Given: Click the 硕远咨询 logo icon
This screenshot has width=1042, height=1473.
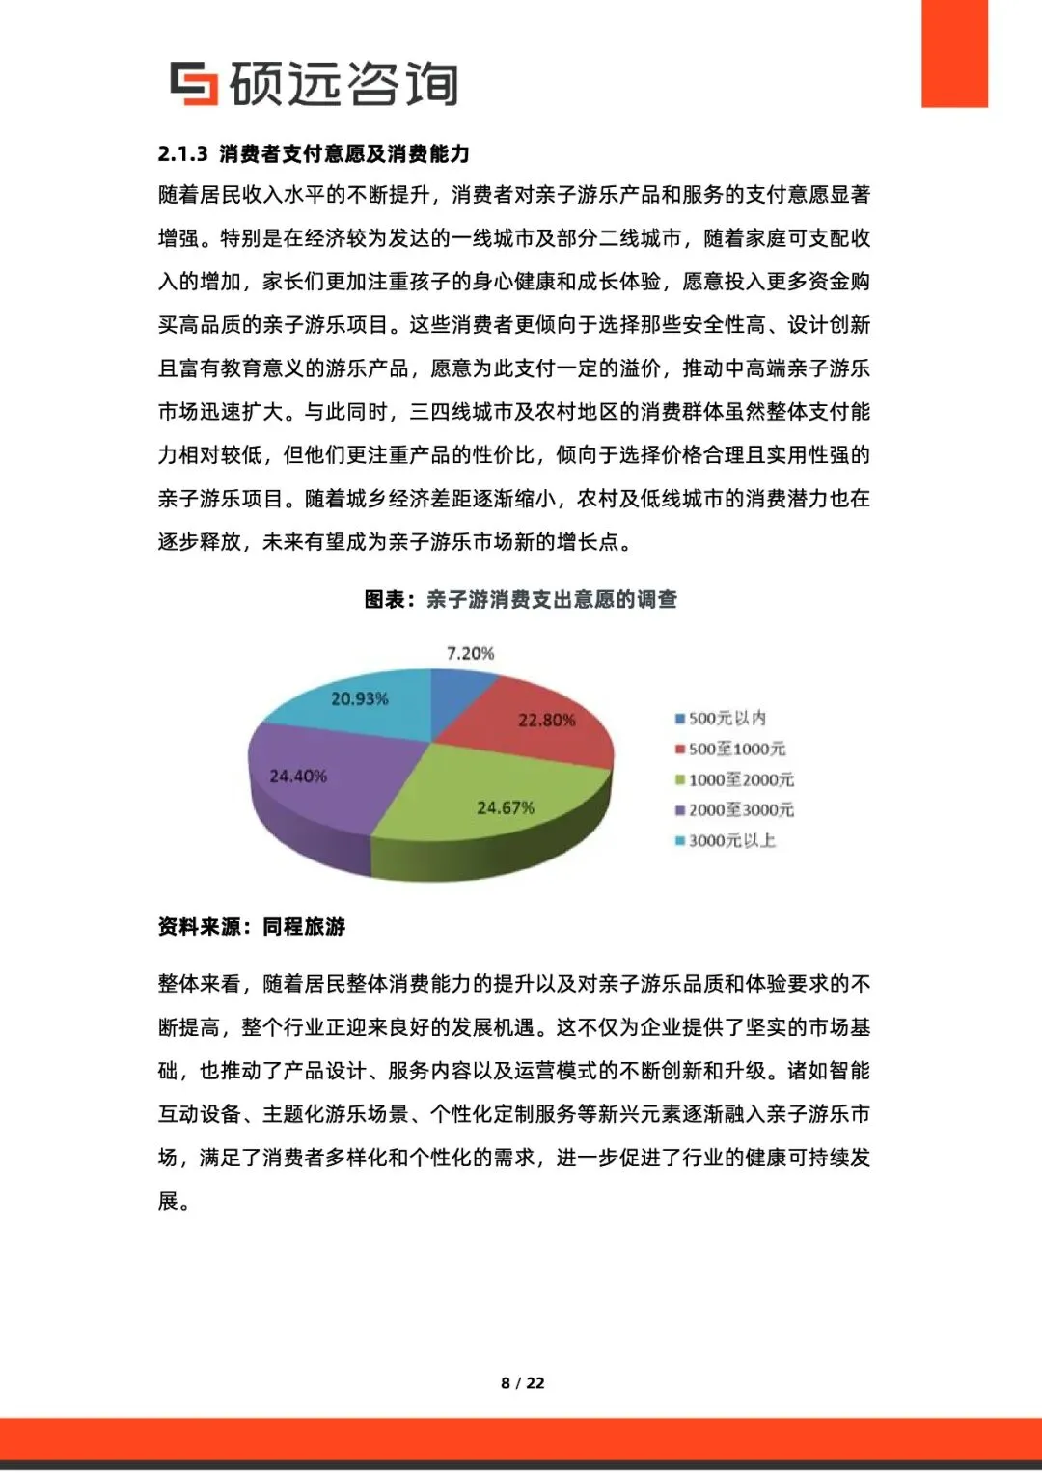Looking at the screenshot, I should (x=194, y=83).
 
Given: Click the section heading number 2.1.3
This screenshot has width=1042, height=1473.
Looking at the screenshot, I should (x=182, y=153).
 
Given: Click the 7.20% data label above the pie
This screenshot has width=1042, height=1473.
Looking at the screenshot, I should (x=470, y=653).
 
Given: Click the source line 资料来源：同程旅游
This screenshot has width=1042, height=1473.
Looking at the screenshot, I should (x=251, y=926).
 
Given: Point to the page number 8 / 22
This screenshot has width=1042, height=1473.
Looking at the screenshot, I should (x=522, y=1382).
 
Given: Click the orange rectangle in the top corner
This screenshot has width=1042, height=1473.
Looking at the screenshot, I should (x=954, y=53).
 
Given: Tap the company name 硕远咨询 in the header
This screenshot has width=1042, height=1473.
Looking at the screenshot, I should (x=343, y=83).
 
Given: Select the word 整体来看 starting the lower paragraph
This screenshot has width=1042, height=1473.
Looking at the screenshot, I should (x=199, y=983).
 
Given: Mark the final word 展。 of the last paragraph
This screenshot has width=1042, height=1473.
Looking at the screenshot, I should (x=174, y=1201).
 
